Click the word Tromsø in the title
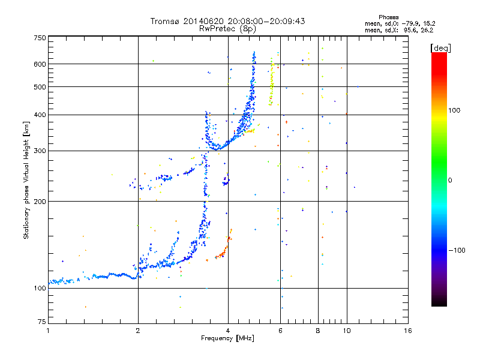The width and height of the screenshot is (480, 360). [164, 21]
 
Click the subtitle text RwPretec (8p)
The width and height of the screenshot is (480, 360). [227, 29]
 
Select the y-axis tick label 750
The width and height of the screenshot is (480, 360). [40, 38]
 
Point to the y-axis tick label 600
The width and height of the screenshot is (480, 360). [40, 64]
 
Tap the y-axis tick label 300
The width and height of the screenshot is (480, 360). [40, 151]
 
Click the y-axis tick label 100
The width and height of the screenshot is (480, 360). [40, 288]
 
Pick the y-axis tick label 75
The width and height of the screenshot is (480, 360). [42, 322]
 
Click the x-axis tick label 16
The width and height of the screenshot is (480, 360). [408, 331]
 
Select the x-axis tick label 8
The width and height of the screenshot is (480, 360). [318, 331]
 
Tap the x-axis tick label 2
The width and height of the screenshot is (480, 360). [138, 331]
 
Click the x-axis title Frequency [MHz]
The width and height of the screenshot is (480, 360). [227, 338]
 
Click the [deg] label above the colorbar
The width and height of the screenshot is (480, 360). [440, 48]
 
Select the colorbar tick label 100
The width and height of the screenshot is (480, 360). [454, 110]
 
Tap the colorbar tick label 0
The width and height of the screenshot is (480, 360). [450, 181]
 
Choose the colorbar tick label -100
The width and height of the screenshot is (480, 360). [457, 250]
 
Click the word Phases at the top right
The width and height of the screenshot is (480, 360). [388, 17]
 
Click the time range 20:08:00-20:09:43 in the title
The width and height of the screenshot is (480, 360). [266, 21]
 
